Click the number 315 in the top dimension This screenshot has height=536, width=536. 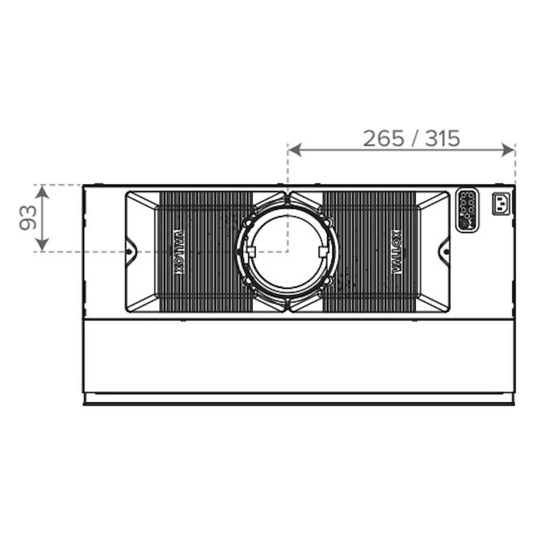442,138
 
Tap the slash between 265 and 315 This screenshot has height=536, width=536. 414,138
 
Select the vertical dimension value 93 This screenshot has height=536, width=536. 28,217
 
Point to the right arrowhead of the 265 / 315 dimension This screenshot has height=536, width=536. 508,150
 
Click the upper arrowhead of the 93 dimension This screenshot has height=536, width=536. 42,192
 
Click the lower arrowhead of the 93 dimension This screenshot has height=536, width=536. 42,244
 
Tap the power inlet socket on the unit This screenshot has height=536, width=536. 501,204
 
